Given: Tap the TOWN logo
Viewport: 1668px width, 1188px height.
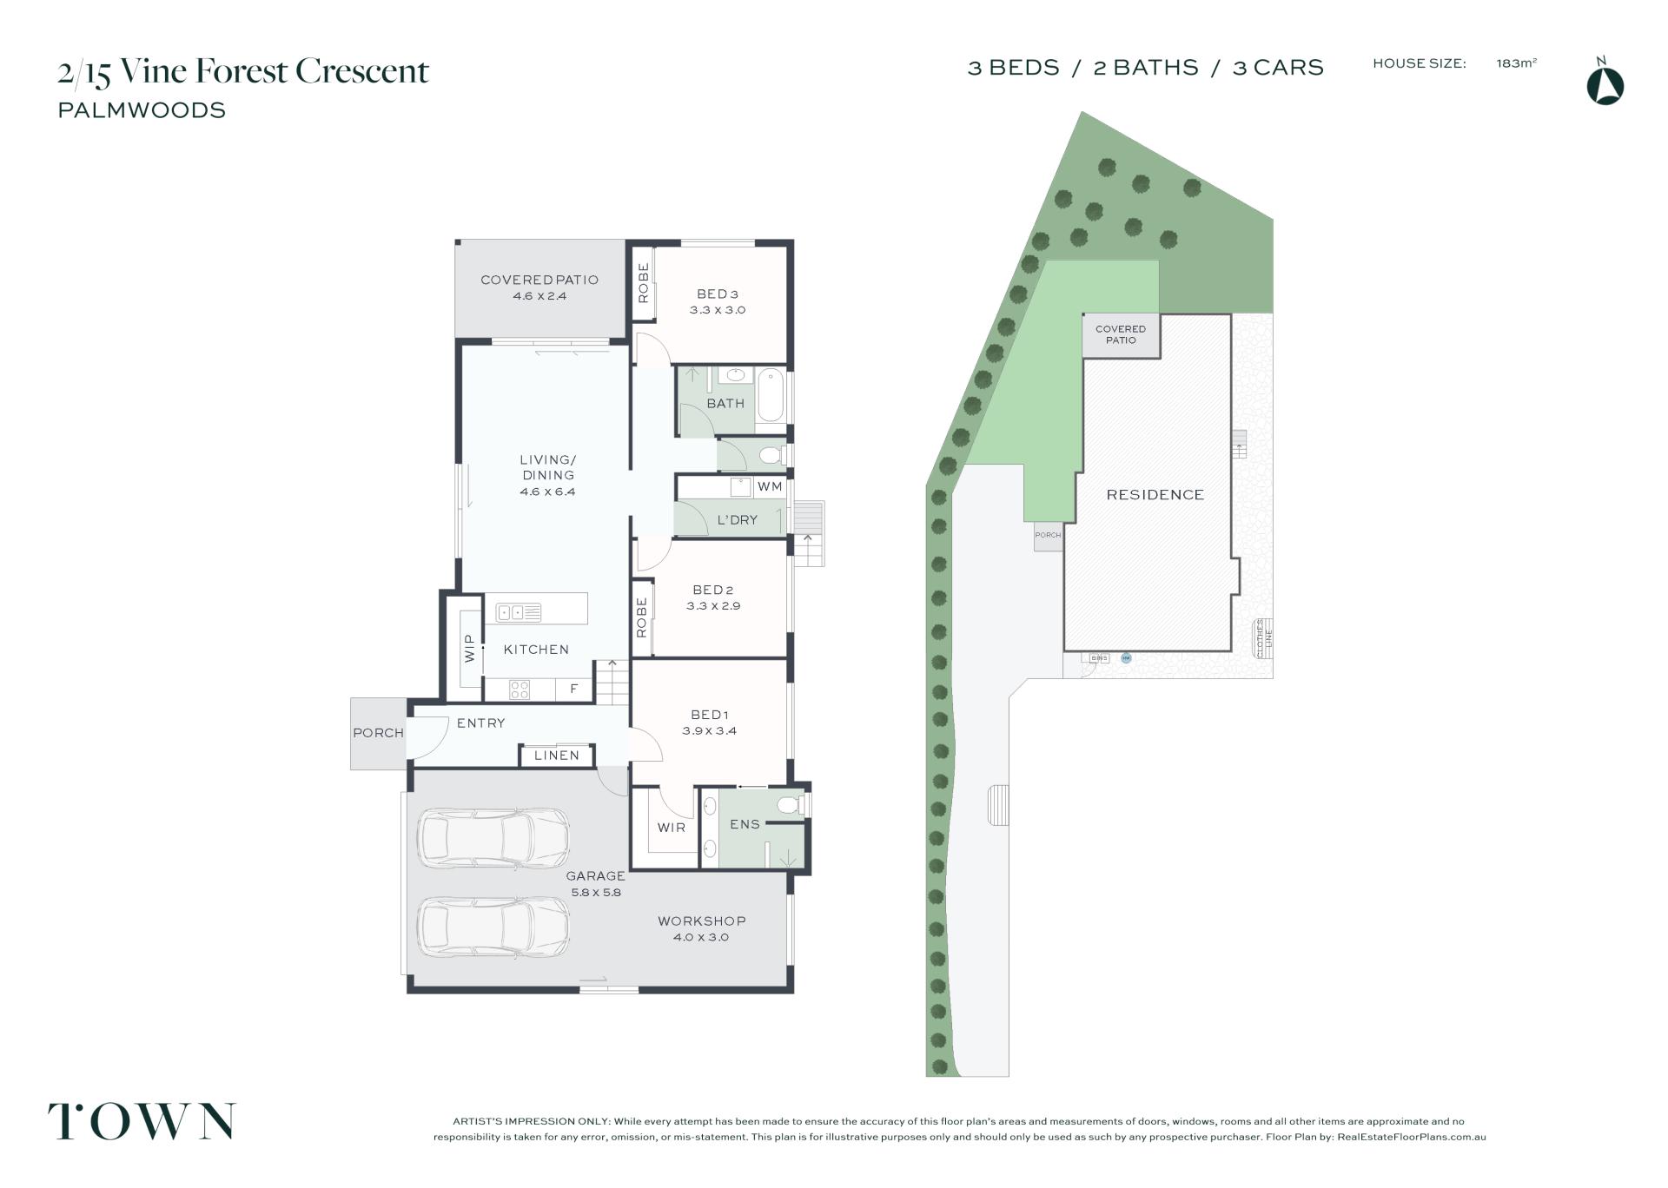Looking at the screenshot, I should click(142, 1121).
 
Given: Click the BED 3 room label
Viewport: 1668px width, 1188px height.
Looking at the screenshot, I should click(717, 294).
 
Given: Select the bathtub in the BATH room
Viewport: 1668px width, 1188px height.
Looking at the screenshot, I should click(770, 395).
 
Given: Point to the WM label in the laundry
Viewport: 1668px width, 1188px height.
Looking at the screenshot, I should click(770, 486).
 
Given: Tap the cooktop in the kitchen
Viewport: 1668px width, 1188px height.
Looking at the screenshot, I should click(520, 690).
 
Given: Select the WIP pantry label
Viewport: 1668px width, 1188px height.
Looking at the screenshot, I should click(470, 649).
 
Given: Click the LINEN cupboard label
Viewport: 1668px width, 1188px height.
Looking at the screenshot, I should click(556, 756).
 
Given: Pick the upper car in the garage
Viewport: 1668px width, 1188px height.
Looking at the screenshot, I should click(493, 838).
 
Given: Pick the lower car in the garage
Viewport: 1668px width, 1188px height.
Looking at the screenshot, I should click(493, 927).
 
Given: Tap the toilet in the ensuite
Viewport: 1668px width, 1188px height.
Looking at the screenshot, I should click(791, 805).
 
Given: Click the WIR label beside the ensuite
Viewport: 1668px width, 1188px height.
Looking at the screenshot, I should click(671, 828).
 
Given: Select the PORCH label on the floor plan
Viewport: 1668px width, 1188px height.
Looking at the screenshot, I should click(378, 733).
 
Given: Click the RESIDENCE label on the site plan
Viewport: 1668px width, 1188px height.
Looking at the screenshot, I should click(1155, 495).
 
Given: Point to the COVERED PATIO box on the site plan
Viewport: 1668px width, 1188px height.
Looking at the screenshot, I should click(1121, 334).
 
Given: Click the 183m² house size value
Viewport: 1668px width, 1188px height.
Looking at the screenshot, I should click(1516, 63).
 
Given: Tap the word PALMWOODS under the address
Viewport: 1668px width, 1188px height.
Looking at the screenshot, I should click(142, 110).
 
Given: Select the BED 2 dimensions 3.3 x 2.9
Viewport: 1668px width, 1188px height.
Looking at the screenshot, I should click(712, 606).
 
